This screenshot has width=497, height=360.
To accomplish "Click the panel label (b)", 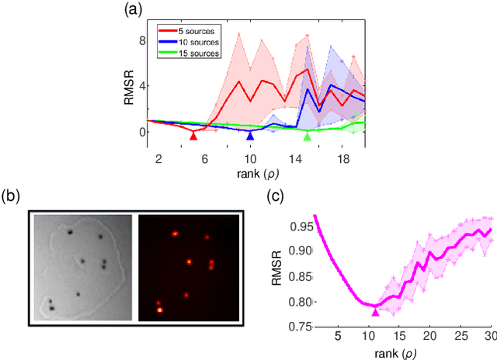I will (x=13, y=195).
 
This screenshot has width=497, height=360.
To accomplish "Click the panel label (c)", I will (x=276, y=195).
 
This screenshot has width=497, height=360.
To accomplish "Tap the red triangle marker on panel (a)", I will (x=193, y=136).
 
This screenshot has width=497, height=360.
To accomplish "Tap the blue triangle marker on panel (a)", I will (x=250, y=136).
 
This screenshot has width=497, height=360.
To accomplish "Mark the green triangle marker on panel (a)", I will (x=307, y=136).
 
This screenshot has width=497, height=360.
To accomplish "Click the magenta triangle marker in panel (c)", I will (x=376, y=311).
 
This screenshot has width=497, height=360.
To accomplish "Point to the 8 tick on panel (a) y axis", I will (x=141, y=40).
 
